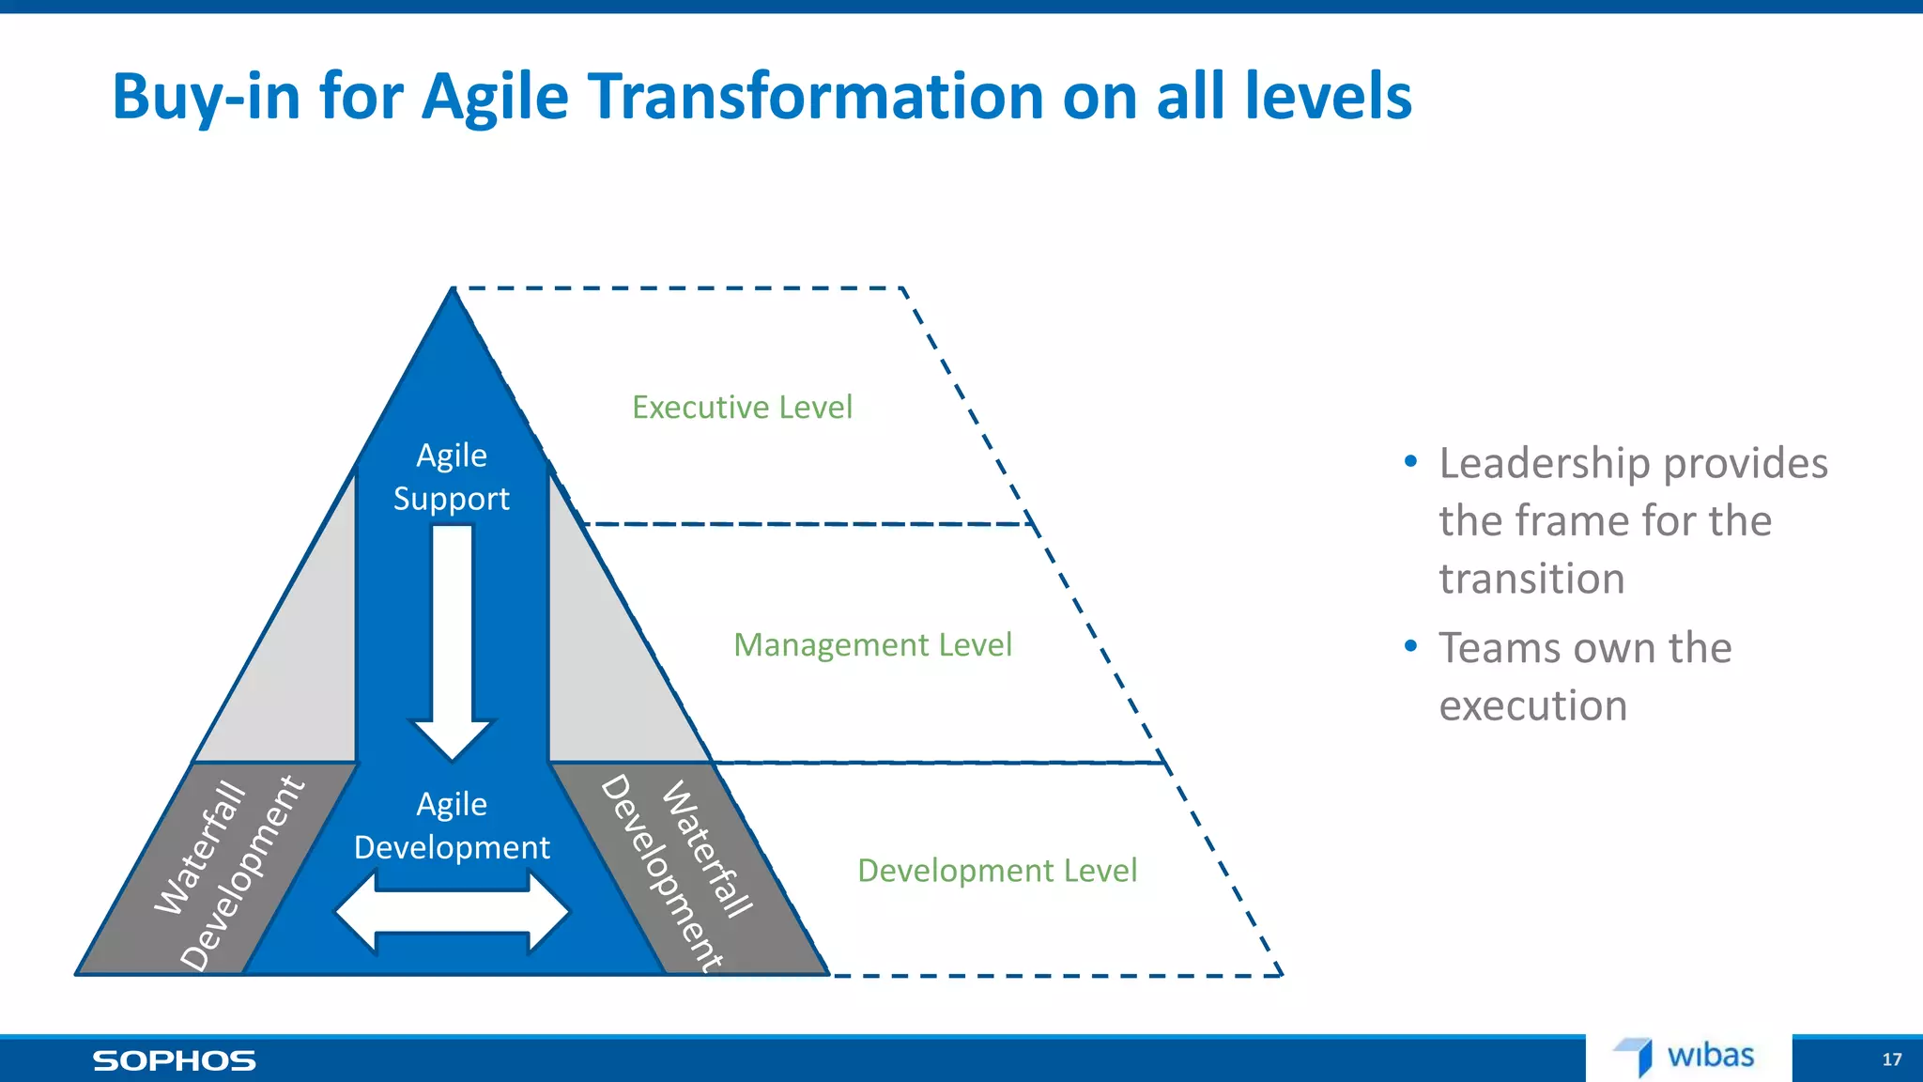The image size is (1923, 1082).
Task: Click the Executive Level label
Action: click(x=742, y=408)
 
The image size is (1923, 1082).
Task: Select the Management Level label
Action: click(x=872, y=645)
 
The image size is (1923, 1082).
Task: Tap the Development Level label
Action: click(x=997, y=871)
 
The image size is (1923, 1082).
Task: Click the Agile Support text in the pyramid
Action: click(x=452, y=477)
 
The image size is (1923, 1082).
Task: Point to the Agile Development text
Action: click(x=452, y=826)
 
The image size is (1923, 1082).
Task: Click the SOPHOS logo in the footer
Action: click(x=174, y=1061)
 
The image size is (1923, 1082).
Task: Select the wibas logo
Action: click(x=1686, y=1057)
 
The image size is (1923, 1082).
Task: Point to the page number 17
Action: click(x=1891, y=1060)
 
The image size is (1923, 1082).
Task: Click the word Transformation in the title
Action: click(x=815, y=97)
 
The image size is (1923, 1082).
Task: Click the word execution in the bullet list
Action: click(x=1532, y=706)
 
